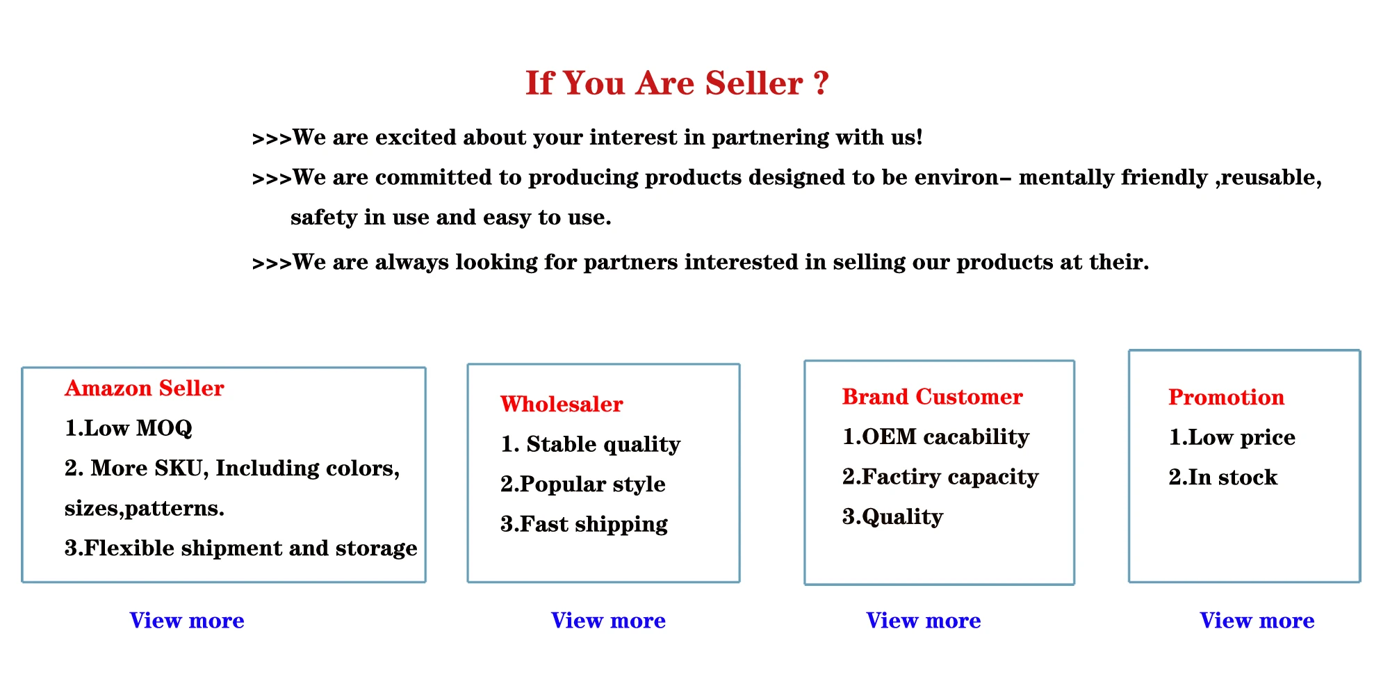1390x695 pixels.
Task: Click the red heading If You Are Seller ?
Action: (677, 83)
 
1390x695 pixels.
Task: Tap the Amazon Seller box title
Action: (145, 388)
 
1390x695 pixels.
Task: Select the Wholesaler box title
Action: (562, 404)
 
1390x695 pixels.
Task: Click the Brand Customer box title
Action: (933, 396)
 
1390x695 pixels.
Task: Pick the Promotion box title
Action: (1227, 397)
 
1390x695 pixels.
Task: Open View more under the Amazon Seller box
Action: (187, 620)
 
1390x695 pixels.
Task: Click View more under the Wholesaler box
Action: (608, 620)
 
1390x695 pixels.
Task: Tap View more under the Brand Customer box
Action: (924, 620)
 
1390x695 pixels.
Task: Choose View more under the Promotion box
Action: (1257, 620)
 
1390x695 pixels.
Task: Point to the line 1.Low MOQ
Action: (129, 428)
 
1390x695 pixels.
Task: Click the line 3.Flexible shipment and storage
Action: (241, 548)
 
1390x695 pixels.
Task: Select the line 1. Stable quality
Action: (591, 444)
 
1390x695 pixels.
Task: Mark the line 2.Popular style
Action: (583, 484)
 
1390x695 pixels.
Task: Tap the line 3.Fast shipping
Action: (584, 524)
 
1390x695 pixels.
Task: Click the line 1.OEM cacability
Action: (936, 436)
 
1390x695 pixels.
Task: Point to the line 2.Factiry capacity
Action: (941, 477)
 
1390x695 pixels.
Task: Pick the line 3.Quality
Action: (893, 516)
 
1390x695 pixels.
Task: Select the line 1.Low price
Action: (1232, 437)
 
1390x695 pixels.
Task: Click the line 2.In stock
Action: (1223, 477)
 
